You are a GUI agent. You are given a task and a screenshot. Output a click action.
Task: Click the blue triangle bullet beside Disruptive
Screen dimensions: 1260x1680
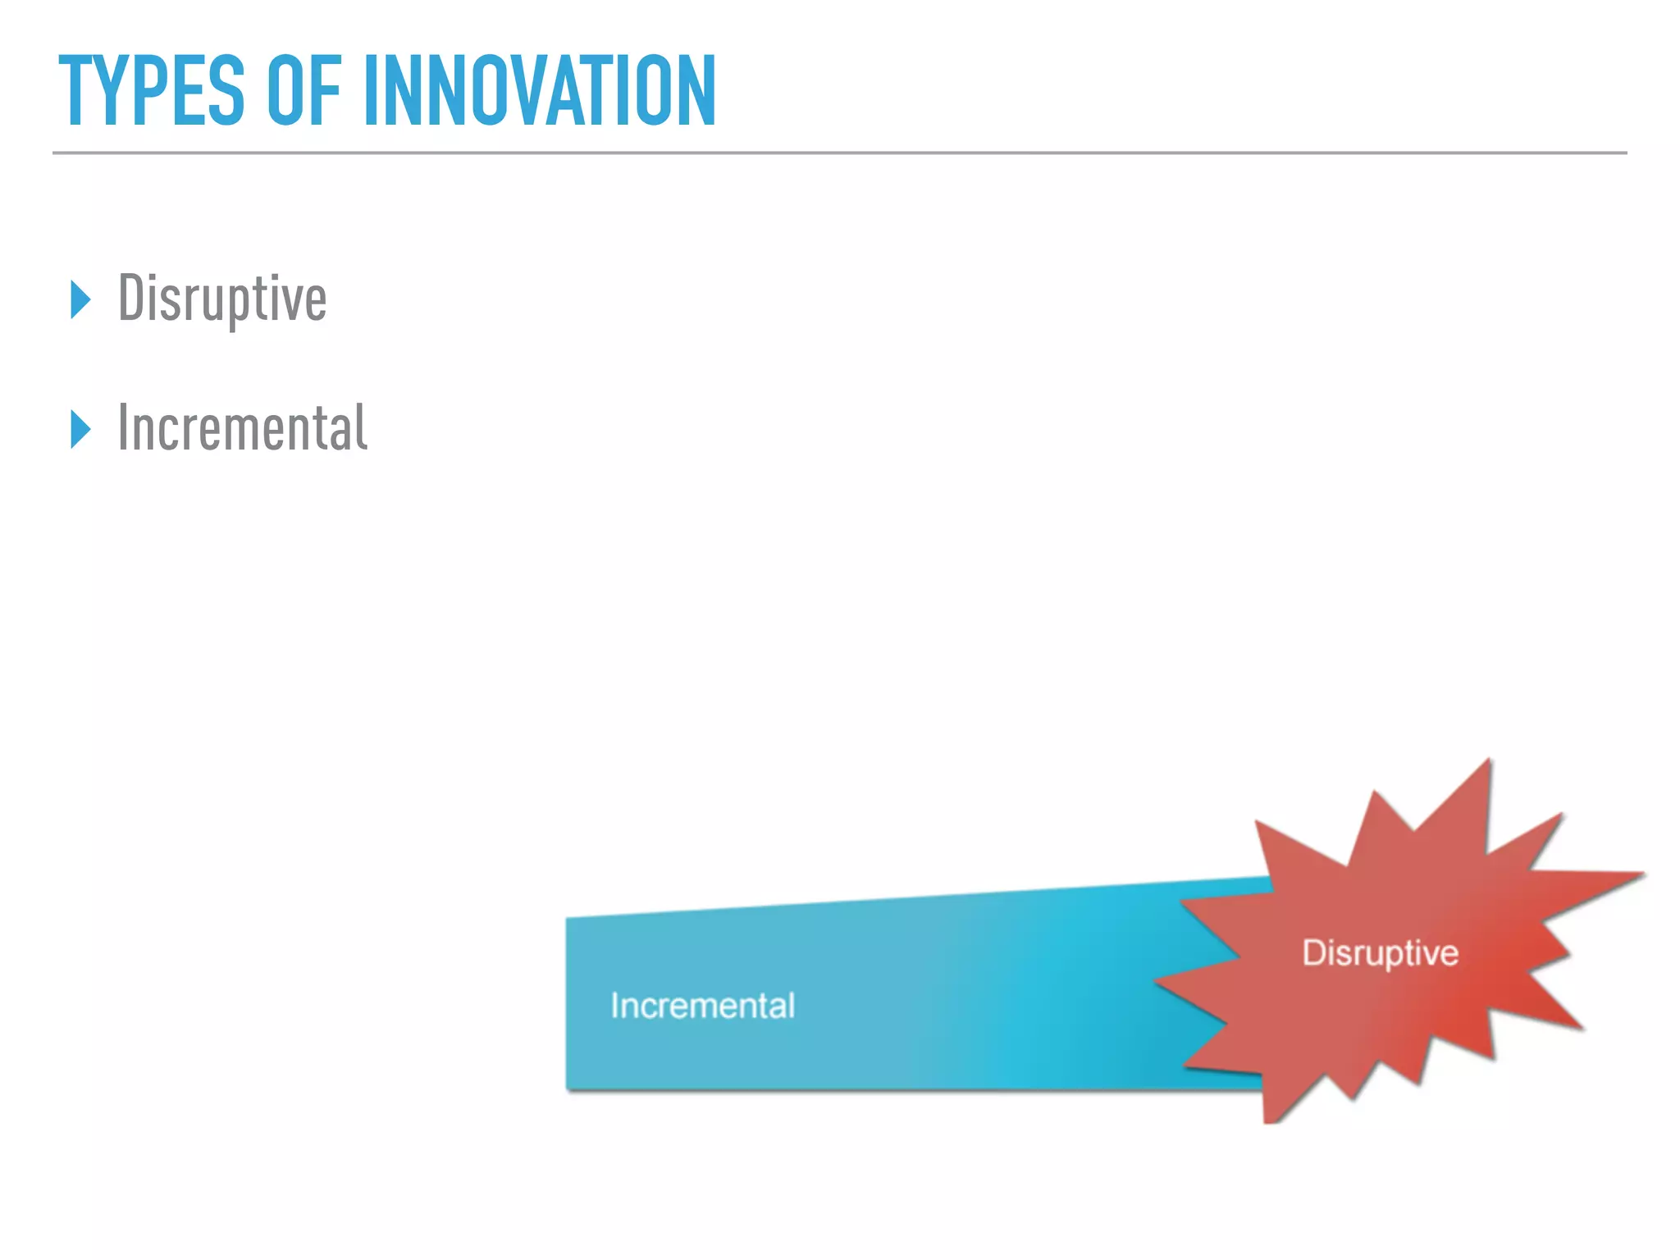pos(80,299)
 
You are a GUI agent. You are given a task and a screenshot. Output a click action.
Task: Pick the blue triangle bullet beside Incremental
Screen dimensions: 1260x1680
pos(80,429)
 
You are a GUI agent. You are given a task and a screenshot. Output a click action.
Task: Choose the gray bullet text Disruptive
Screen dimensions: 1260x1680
pos(222,299)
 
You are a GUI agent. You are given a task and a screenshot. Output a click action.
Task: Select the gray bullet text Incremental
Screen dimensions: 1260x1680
pos(243,427)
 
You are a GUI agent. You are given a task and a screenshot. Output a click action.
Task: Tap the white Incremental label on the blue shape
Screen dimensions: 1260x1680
pos(703,1006)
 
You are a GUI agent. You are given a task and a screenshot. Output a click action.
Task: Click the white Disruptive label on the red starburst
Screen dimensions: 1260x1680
pos(1381,953)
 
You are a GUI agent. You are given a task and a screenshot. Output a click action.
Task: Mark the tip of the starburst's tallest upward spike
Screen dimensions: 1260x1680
pos(1490,760)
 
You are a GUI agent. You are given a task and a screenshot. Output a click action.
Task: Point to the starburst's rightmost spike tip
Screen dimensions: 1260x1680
pos(1644,874)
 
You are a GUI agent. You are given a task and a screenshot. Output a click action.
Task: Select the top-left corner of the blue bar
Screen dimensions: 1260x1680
pos(568,919)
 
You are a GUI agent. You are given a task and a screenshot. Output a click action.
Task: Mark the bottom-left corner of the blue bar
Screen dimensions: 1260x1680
pos(568,1089)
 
